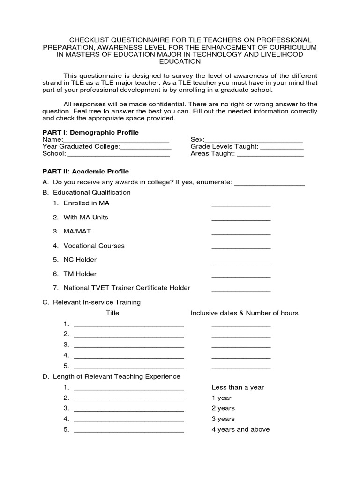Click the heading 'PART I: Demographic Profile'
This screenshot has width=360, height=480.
click(x=90, y=133)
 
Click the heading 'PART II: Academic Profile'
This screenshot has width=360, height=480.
click(x=85, y=172)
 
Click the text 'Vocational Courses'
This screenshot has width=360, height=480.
click(x=94, y=246)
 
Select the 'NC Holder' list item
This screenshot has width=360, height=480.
click(x=80, y=260)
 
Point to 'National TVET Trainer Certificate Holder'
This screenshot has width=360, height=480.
click(x=127, y=288)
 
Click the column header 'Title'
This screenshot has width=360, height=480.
click(x=112, y=313)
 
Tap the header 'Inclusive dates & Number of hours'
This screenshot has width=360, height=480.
click(x=244, y=313)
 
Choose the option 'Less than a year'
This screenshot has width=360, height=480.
click(x=238, y=387)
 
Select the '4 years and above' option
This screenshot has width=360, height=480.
click(x=240, y=429)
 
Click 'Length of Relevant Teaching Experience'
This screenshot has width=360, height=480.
click(x=116, y=376)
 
